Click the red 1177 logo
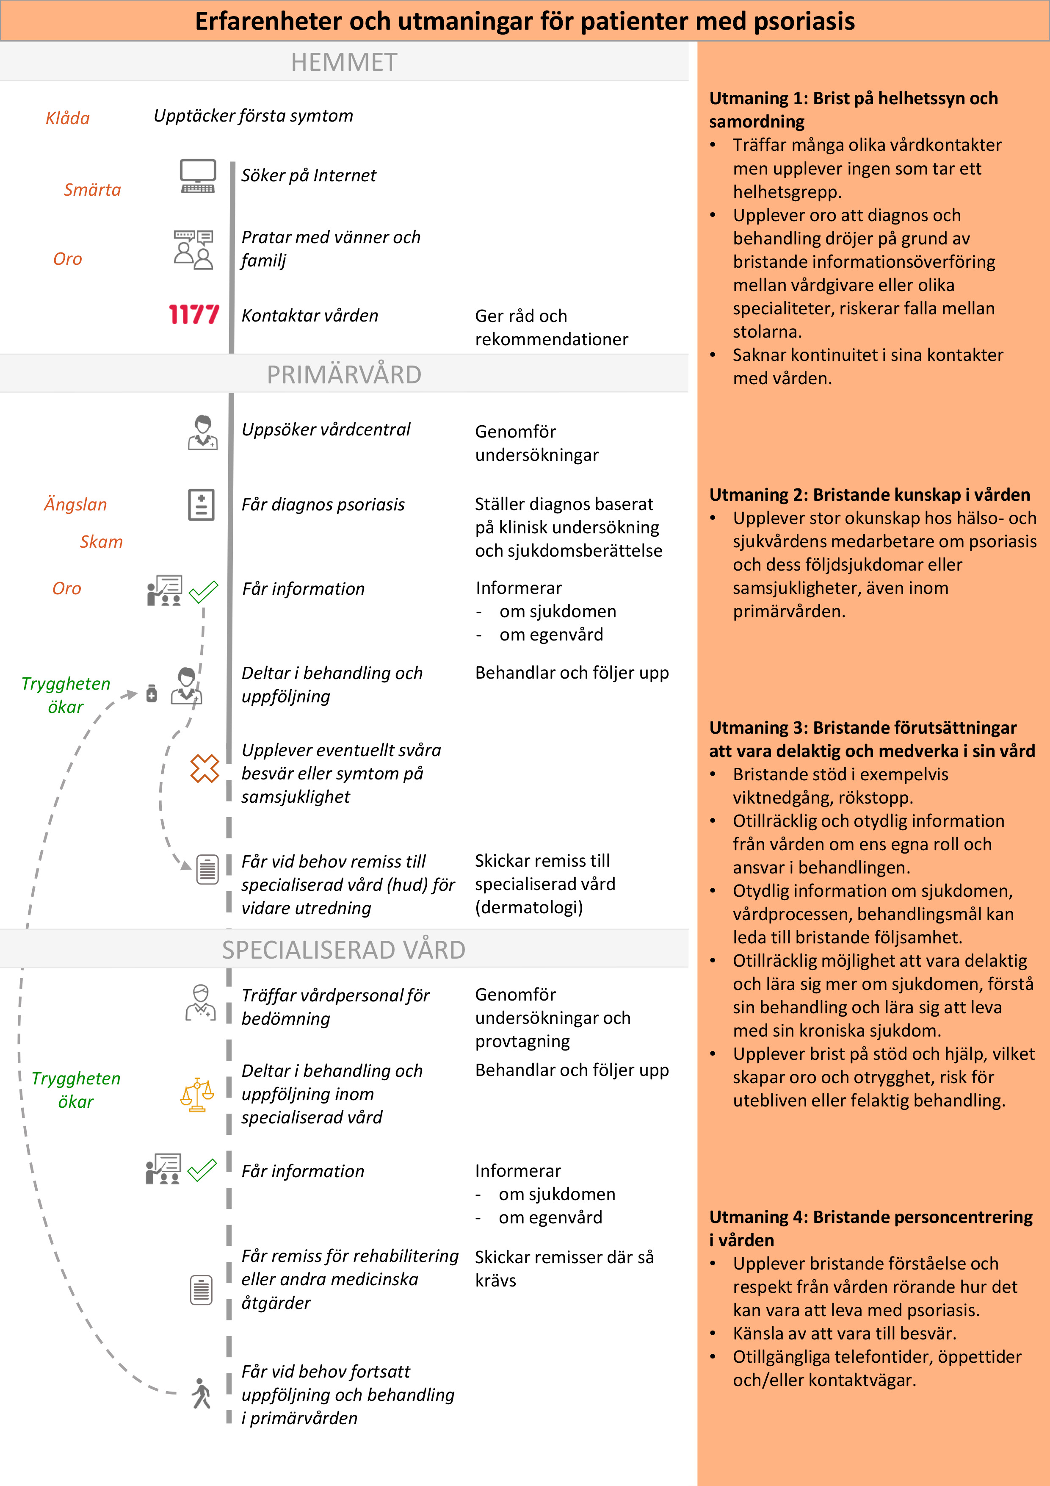[193, 315]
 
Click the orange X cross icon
[204, 769]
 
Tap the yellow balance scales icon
[197, 1095]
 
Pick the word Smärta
[92, 190]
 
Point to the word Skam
[101, 542]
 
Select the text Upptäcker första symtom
[253, 116]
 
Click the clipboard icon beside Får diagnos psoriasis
[201, 505]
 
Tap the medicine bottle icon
[152, 693]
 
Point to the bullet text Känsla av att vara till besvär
[844, 1333]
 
